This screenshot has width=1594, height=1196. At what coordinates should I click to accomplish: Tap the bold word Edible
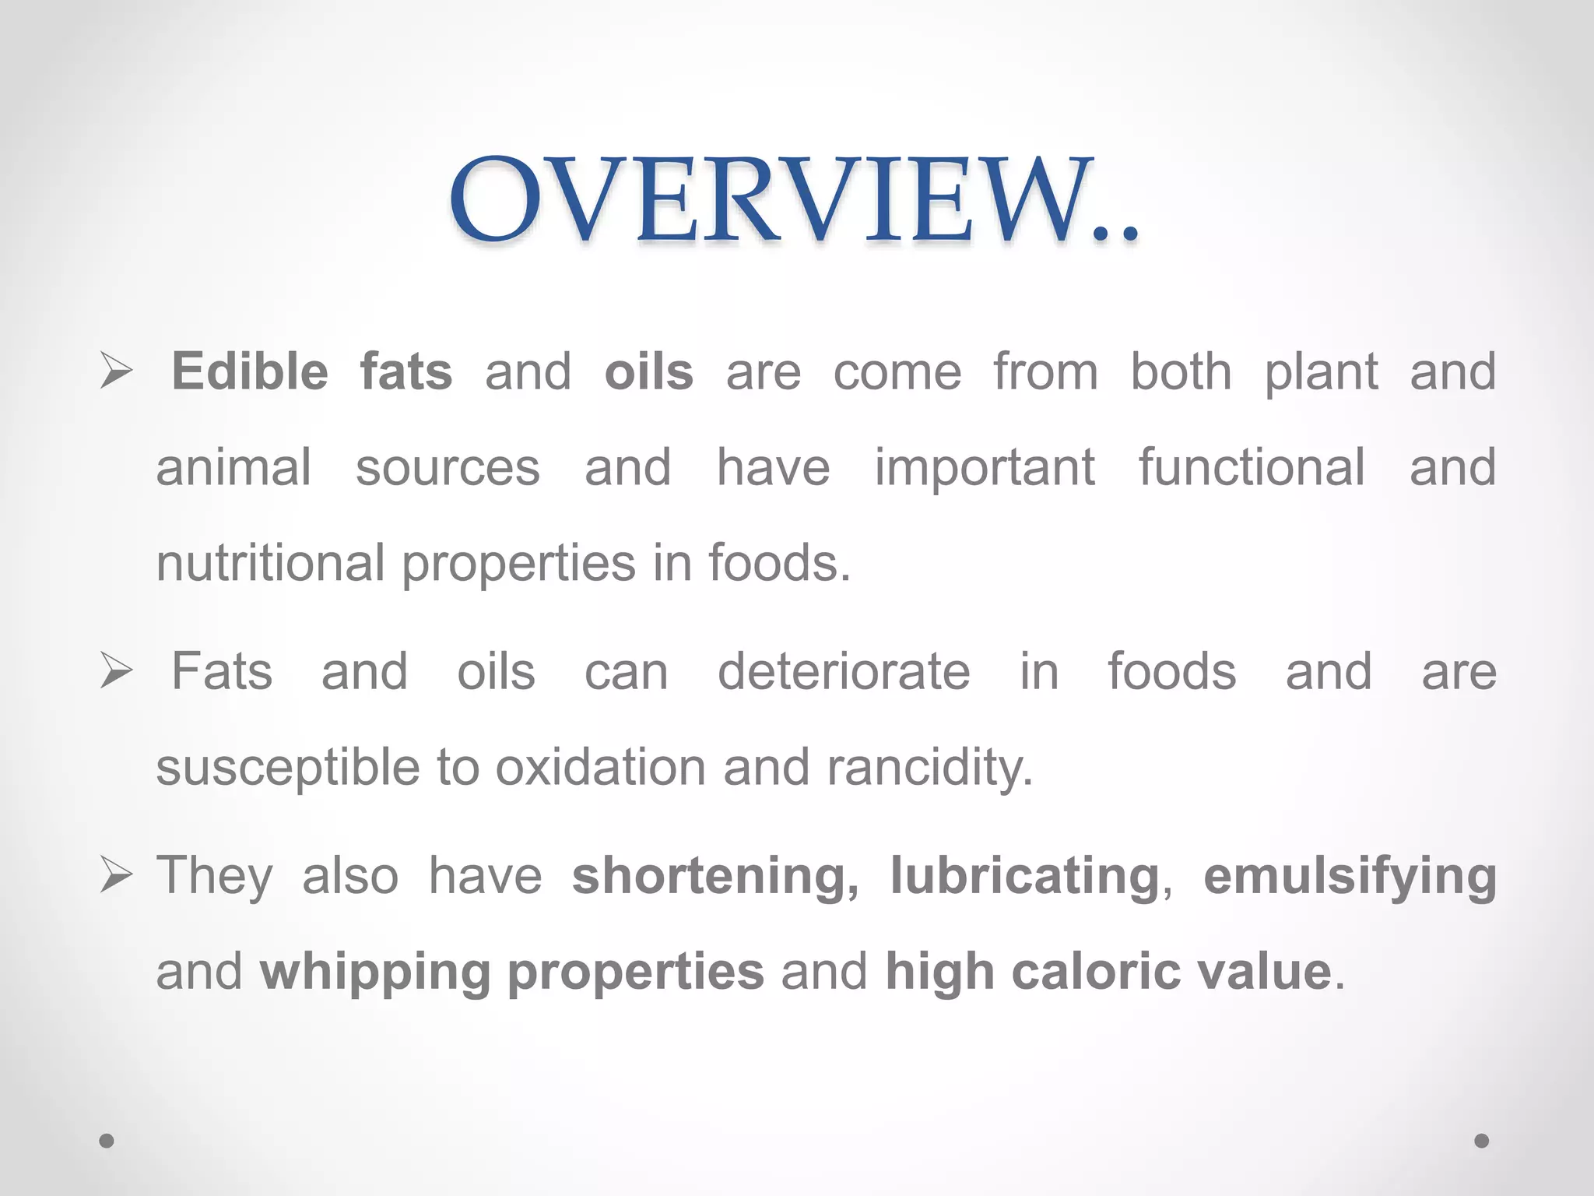tap(250, 371)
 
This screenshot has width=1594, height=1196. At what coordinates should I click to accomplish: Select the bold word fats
tap(406, 371)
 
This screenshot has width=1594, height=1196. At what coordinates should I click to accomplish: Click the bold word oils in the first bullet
tap(648, 371)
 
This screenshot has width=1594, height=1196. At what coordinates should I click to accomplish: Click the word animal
tap(233, 467)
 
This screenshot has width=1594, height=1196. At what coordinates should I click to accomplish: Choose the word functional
tap(1252, 467)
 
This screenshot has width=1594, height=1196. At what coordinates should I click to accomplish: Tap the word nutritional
tap(270, 563)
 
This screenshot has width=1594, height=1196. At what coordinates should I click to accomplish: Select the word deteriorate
tap(844, 671)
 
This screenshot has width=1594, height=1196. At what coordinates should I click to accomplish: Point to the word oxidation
tap(601, 768)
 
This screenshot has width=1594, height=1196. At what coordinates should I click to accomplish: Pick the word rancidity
tap(929, 768)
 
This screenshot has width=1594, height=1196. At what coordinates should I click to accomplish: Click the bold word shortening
tap(715, 877)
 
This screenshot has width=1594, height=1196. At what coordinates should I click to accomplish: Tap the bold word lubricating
tap(1025, 877)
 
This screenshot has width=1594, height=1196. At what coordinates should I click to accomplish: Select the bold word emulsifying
tap(1350, 877)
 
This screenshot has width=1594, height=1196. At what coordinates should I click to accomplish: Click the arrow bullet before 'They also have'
tap(116, 877)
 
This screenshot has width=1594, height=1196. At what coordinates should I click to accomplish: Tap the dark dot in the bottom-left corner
tap(107, 1141)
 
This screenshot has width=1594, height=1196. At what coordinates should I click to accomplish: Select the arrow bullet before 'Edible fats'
tap(116, 371)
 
